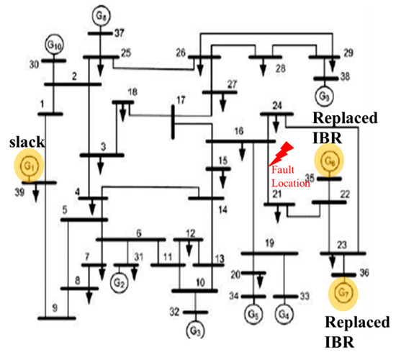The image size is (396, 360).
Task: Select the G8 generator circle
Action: pos(100,14)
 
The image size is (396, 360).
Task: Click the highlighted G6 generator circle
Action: pos(330,160)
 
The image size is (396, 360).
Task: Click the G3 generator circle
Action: pos(194,330)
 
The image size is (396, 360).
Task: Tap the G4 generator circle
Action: pos(286,315)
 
